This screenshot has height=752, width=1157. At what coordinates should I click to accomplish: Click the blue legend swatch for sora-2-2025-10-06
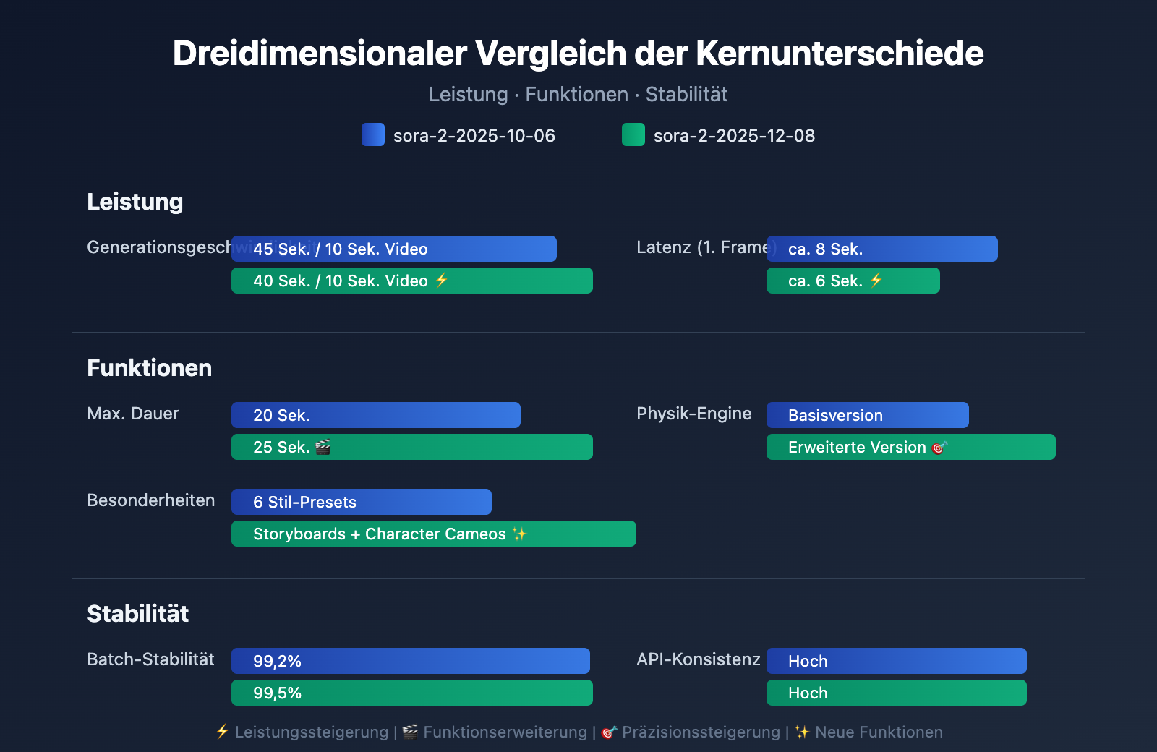click(x=373, y=135)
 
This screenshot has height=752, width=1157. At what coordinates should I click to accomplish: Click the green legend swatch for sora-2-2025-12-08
click(x=633, y=135)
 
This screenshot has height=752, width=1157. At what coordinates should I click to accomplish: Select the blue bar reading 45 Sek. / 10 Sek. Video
click(x=394, y=249)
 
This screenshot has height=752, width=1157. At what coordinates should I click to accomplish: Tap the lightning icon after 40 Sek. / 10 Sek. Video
click(x=442, y=281)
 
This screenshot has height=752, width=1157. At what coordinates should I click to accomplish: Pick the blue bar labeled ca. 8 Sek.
click(x=882, y=249)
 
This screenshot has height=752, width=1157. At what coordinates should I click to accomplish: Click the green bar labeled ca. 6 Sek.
click(x=853, y=281)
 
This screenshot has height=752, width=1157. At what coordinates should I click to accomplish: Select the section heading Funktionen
click(x=150, y=368)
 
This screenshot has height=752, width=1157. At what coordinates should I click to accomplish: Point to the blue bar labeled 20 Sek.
click(x=376, y=415)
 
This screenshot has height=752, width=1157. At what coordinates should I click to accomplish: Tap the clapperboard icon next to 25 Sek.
click(x=323, y=447)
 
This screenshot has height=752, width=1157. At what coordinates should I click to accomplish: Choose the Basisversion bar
click(x=868, y=415)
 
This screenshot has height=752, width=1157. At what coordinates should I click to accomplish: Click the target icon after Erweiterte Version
click(x=939, y=448)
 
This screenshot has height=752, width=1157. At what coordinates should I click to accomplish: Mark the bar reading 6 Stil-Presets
click(x=362, y=502)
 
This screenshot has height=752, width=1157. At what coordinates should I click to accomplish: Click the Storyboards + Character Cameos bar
click(x=434, y=534)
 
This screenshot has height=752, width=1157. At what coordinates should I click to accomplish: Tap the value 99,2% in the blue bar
click(x=277, y=661)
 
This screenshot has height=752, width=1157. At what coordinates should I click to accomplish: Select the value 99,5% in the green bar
click(x=277, y=693)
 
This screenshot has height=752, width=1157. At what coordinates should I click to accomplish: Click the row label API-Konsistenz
click(x=698, y=659)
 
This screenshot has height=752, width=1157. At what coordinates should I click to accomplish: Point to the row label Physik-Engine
click(x=693, y=414)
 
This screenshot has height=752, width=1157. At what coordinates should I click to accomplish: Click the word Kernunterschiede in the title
click(x=840, y=54)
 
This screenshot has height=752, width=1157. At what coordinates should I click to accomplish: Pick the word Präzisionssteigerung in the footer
click(x=701, y=732)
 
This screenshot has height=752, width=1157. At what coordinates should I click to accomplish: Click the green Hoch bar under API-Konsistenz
click(x=897, y=693)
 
